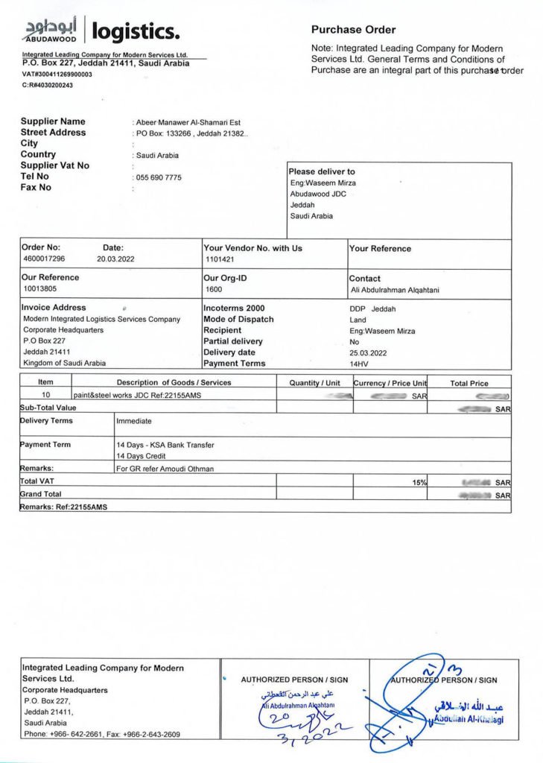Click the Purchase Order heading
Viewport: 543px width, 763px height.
pos(353,30)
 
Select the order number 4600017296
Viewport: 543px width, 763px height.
pos(44,259)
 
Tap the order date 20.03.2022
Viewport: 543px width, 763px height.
pos(116,259)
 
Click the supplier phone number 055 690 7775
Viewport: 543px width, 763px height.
pos(159,177)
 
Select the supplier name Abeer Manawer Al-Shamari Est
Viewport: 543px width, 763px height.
pos(188,122)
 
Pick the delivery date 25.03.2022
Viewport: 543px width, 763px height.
pos(369,352)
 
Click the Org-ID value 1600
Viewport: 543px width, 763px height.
pos(214,289)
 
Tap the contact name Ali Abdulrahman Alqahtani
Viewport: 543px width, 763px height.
pos(394,290)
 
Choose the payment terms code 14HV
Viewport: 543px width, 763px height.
pos(359,364)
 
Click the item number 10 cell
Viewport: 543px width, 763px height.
pos(45,396)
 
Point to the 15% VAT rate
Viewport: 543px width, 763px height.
pos(420,483)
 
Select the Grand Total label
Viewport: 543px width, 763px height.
pos(41,494)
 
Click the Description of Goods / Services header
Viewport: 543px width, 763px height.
pos(174,383)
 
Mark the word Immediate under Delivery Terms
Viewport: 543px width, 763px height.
pos(134,421)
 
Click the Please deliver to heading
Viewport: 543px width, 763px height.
pos(322,171)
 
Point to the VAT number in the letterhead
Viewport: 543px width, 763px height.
pos(57,75)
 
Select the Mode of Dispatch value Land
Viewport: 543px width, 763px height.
pos(358,320)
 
